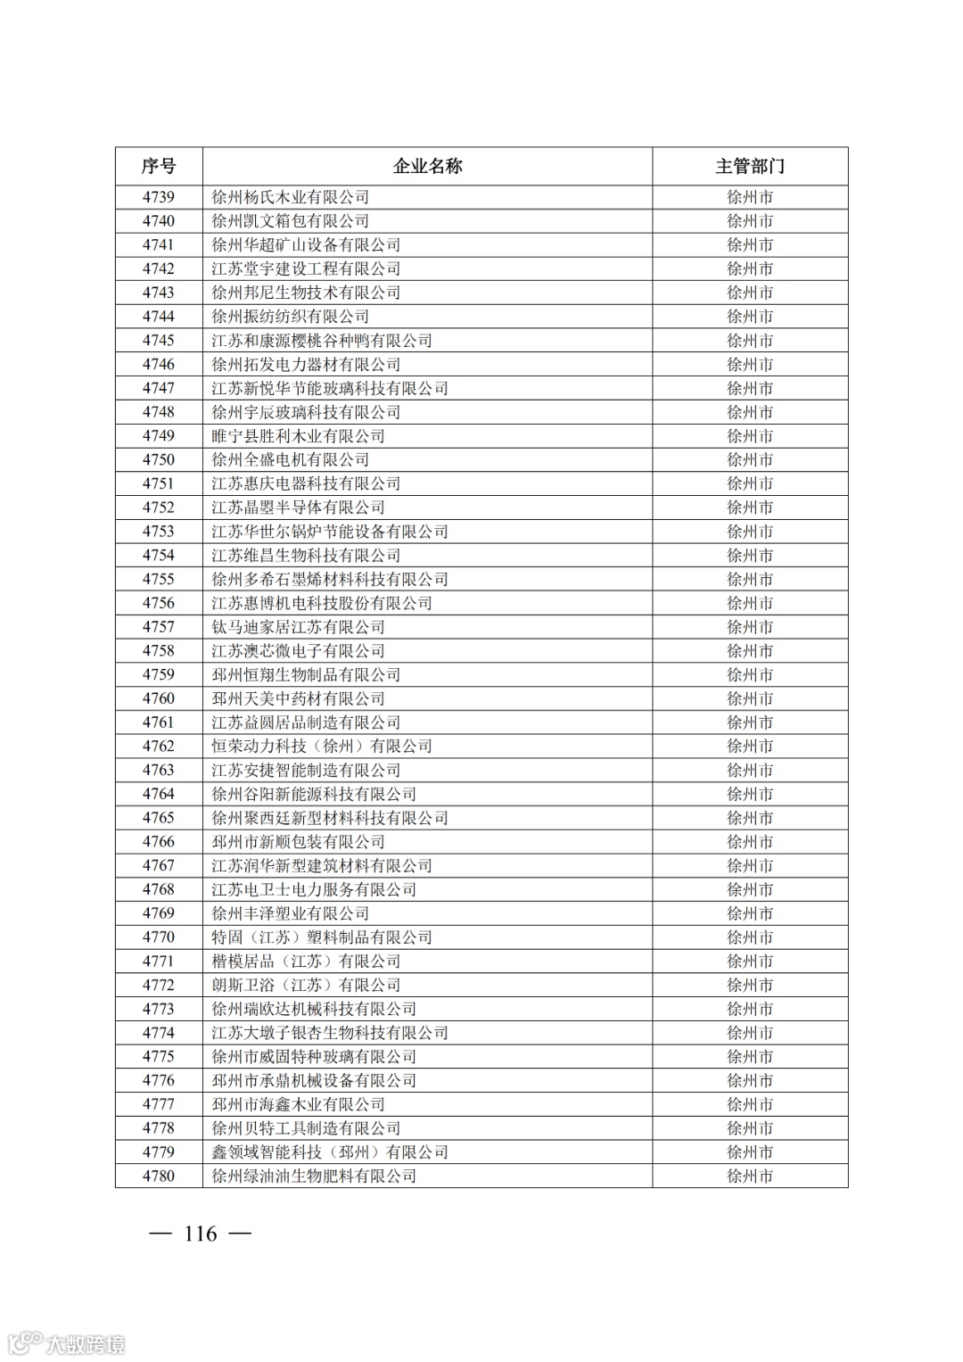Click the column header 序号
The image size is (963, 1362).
[159, 166]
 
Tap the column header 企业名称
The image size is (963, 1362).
[427, 166]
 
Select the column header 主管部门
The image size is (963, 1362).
[749, 166]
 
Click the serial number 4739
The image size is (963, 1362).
[159, 197]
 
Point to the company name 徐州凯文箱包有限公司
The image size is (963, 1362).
[290, 221]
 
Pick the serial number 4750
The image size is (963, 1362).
[159, 459]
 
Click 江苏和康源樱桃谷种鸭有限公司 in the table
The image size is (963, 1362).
[321, 341]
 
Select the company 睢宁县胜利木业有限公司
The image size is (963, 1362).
[298, 436]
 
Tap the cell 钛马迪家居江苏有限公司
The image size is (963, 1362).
[298, 627]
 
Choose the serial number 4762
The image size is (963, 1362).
[159, 746]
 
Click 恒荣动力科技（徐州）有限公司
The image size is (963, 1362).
[321, 746]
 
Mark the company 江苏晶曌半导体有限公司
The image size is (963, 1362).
[298, 508]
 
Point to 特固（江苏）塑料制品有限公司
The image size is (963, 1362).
[321, 937]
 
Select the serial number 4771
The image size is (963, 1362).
[159, 961]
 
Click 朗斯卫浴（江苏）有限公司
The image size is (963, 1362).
[306, 985]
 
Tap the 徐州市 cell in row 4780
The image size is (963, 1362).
[749, 1176]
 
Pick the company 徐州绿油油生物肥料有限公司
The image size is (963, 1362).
[314, 1176]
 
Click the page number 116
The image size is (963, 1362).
[200, 1234]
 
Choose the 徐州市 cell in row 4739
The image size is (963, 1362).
[749, 197]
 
